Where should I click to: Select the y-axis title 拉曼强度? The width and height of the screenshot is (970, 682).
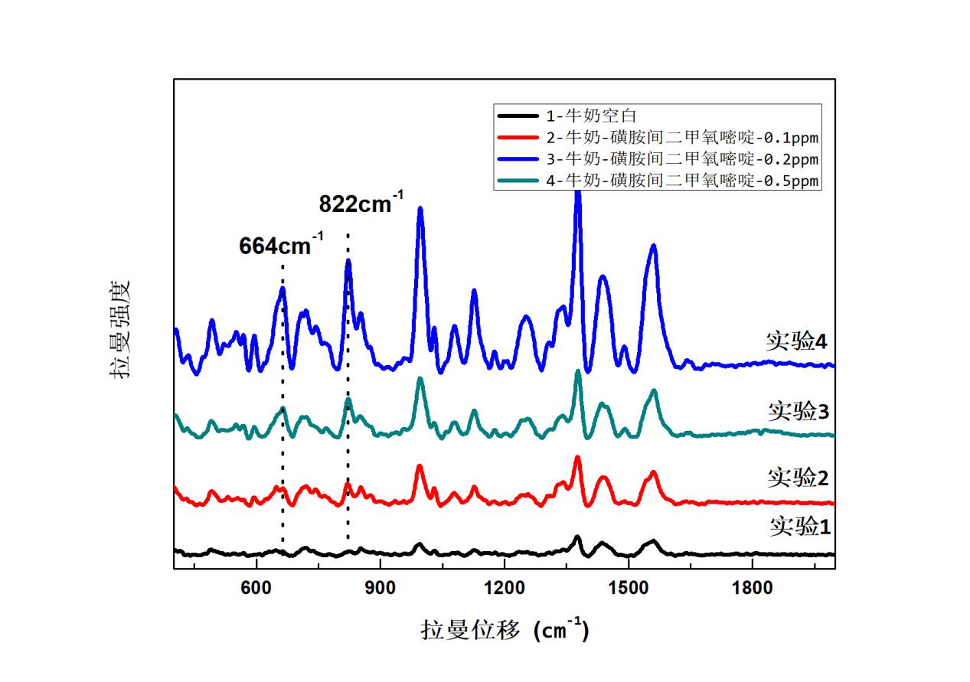[120, 328]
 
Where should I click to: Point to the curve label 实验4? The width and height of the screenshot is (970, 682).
[797, 341]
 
